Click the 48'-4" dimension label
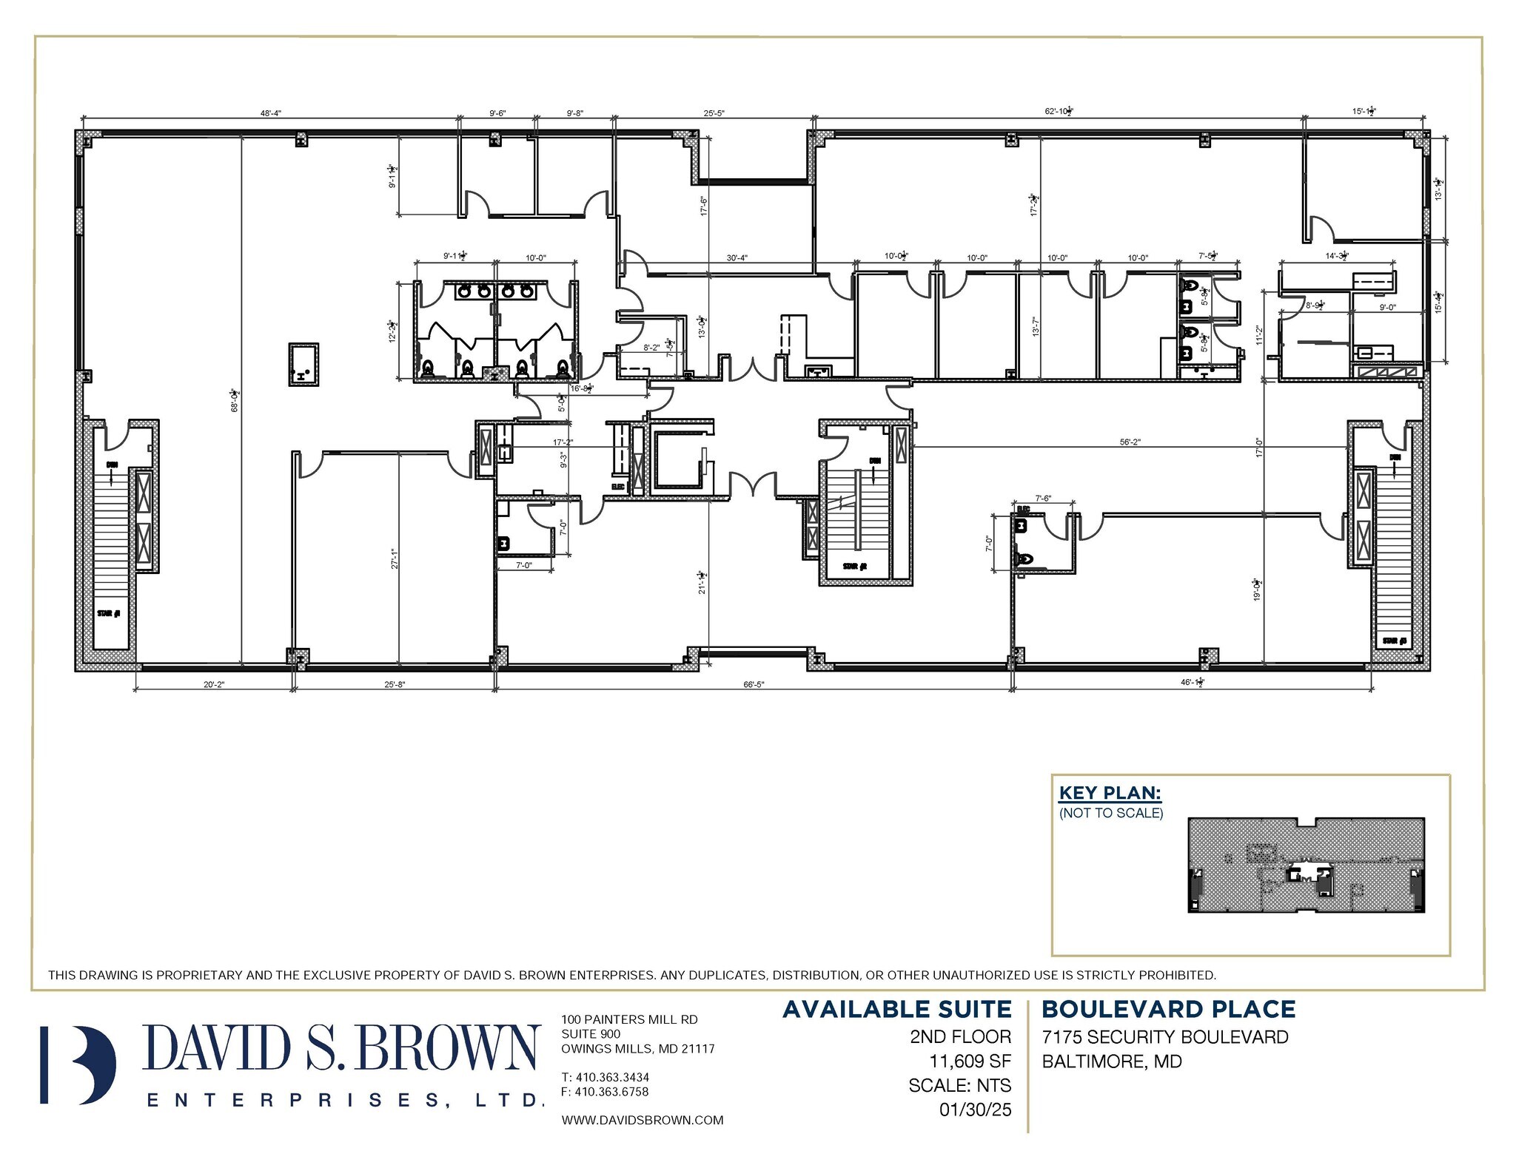click(x=270, y=113)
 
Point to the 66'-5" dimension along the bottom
click(x=754, y=684)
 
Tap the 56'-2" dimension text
click(x=1130, y=442)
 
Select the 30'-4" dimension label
click(x=737, y=258)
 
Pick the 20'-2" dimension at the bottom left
click(x=214, y=684)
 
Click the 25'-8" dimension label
click(x=395, y=684)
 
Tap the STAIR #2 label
click(x=854, y=567)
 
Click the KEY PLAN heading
click(x=1110, y=793)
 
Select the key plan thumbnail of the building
click(x=1306, y=865)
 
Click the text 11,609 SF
click(x=970, y=1061)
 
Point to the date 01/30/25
click(x=976, y=1110)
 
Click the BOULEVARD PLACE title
click(x=1168, y=1010)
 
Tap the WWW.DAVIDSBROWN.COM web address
click(x=642, y=1120)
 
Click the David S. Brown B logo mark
click(x=78, y=1064)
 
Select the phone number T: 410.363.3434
click(x=605, y=1077)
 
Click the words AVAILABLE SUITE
click(x=896, y=1010)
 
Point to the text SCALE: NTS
click(x=959, y=1085)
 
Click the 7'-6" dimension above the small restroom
click(x=1043, y=498)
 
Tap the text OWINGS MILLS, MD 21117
click(x=637, y=1048)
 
